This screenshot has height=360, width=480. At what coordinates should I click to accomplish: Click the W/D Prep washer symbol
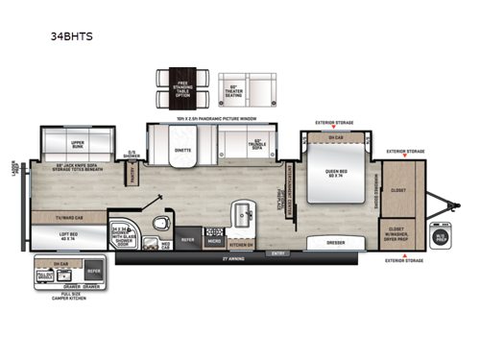click(441, 235)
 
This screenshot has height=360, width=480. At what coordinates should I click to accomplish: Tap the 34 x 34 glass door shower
click(122, 231)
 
